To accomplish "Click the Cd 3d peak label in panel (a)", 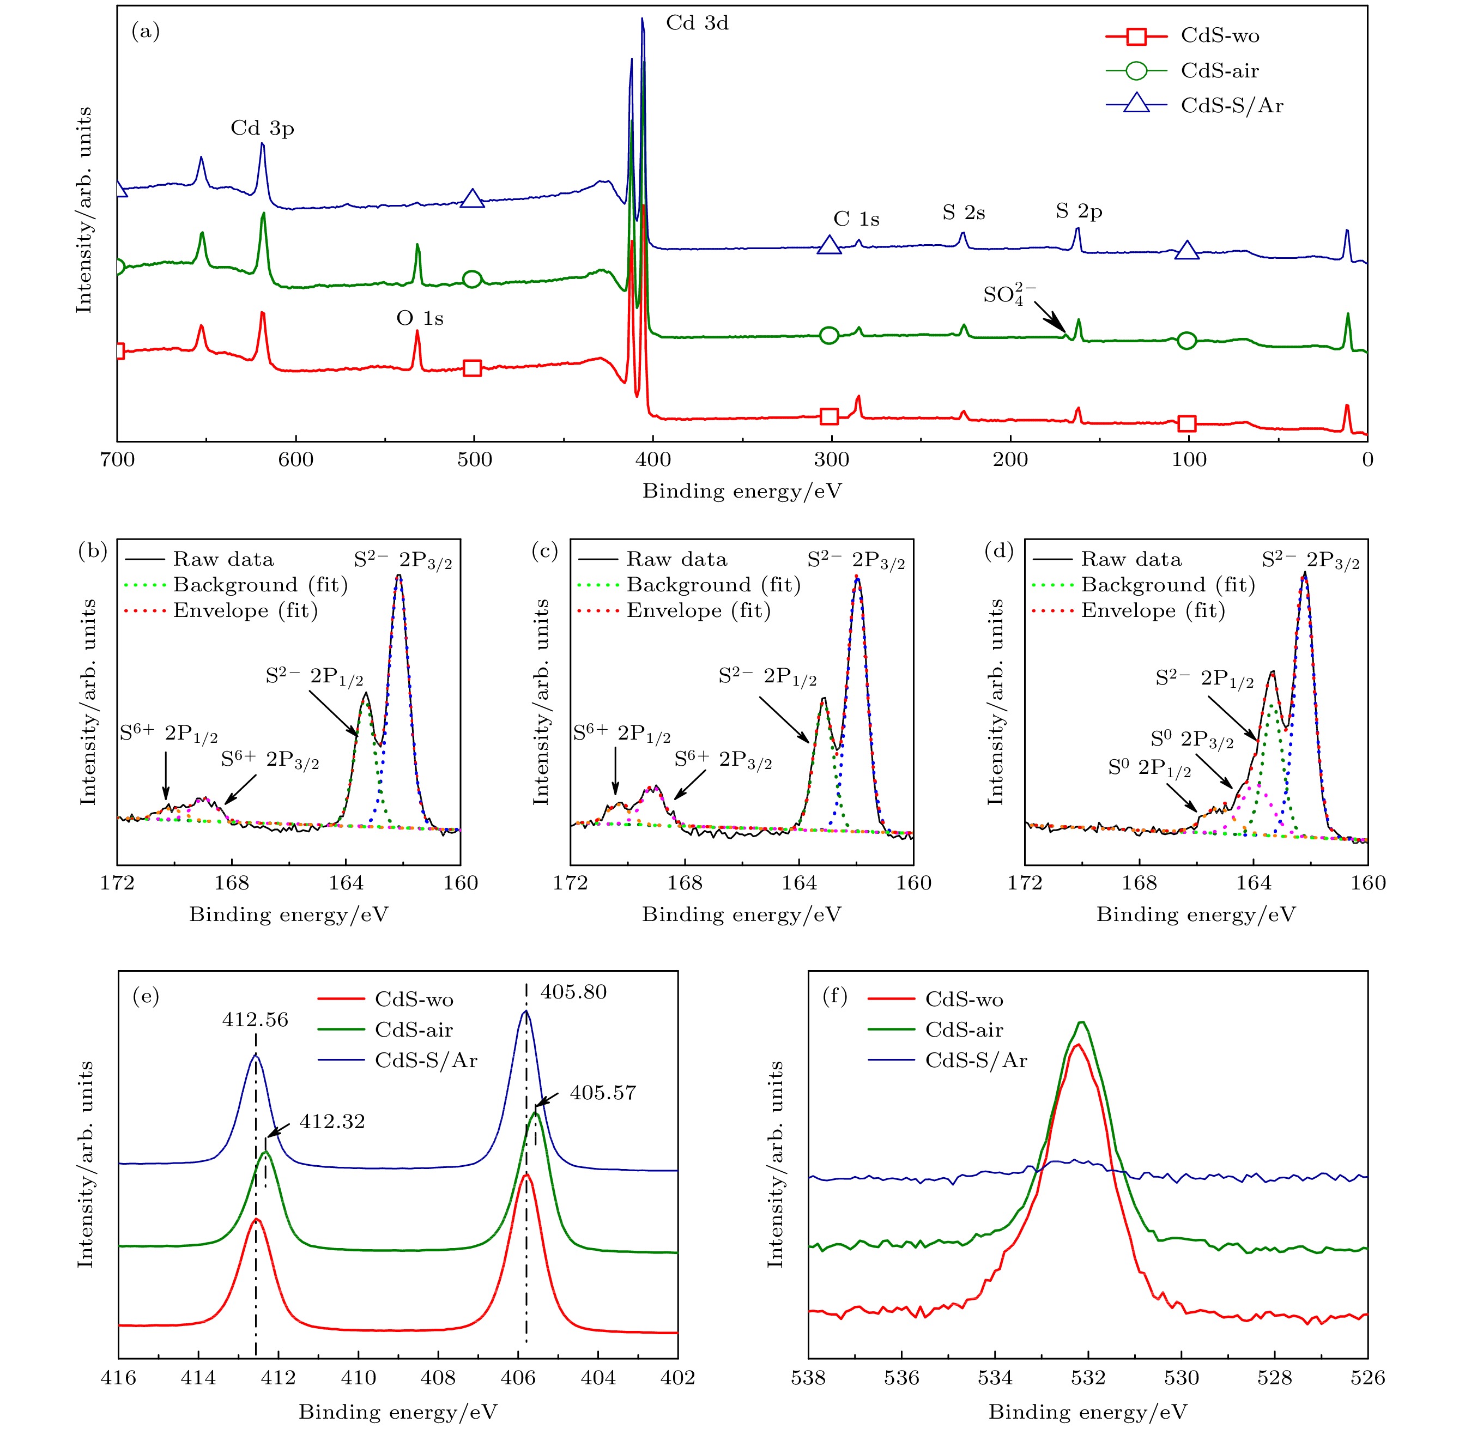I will click(x=697, y=23).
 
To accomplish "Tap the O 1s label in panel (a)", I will click(x=420, y=319).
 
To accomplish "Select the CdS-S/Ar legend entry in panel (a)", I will click(x=1231, y=105).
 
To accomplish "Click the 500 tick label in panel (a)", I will click(x=474, y=459).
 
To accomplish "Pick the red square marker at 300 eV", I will click(x=828, y=416).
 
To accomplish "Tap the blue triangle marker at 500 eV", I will click(x=472, y=199).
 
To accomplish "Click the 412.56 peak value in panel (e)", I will click(x=255, y=1019).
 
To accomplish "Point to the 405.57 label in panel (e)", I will click(x=603, y=1093).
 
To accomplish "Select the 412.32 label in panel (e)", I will click(x=332, y=1121).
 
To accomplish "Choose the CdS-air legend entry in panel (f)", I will click(x=964, y=1030).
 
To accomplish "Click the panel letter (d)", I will click(x=999, y=551).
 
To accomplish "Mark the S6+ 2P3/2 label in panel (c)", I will click(x=723, y=760).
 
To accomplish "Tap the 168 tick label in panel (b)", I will click(x=231, y=883).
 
